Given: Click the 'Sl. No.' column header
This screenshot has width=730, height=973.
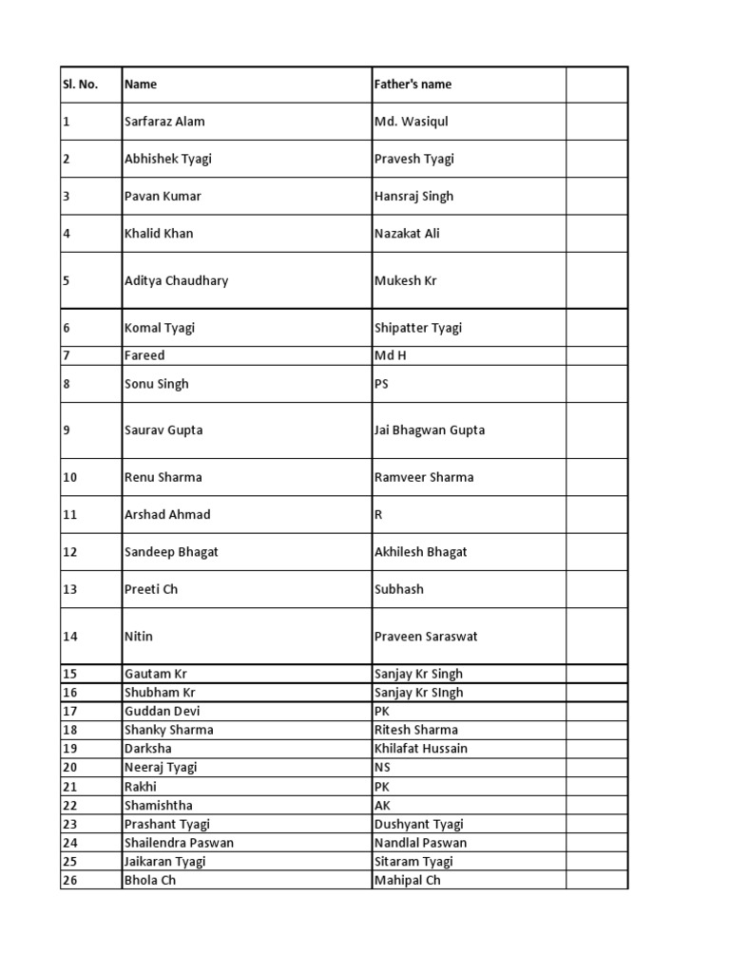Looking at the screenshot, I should tap(81, 85).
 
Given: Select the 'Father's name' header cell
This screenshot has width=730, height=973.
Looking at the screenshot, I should tap(413, 85).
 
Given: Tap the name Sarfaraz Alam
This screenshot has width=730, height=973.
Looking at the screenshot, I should tap(164, 122).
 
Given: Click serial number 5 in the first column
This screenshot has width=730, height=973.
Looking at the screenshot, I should tap(67, 281).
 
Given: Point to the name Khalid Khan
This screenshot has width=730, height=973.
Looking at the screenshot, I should tap(159, 234).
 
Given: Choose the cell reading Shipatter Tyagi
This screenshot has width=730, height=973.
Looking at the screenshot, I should tap(418, 328).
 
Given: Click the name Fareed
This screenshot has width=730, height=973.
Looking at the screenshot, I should tap(144, 355).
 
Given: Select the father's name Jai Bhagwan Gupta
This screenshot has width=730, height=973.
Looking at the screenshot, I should tap(430, 430).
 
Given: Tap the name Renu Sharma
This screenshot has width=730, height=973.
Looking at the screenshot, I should tap(163, 477).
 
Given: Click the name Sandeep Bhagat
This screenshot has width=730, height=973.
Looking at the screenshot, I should tap(171, 552).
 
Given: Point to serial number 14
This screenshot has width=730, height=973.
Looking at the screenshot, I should tap(70, 637).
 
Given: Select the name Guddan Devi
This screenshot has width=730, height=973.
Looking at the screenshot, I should tap(163, 712).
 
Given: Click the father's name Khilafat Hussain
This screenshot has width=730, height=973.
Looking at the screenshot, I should tap(421, 749).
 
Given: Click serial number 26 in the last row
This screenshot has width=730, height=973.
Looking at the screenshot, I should tap(70, 881).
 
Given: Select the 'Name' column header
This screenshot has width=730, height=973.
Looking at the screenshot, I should tap(141, 85).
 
